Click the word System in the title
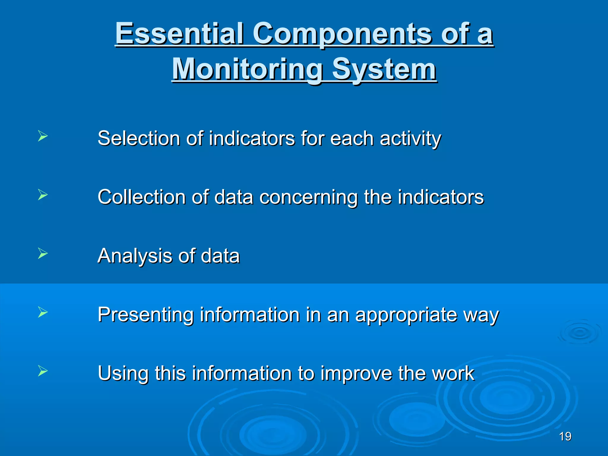[384, 69]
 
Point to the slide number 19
[565, 436]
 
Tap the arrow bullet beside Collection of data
[43, 195]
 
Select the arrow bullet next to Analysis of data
[43, 253]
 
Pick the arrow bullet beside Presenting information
[43, 312]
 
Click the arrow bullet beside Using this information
[43, 371]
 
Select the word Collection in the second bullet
[142, 197]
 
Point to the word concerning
[308, 198]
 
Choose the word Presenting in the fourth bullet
[145, 315]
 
